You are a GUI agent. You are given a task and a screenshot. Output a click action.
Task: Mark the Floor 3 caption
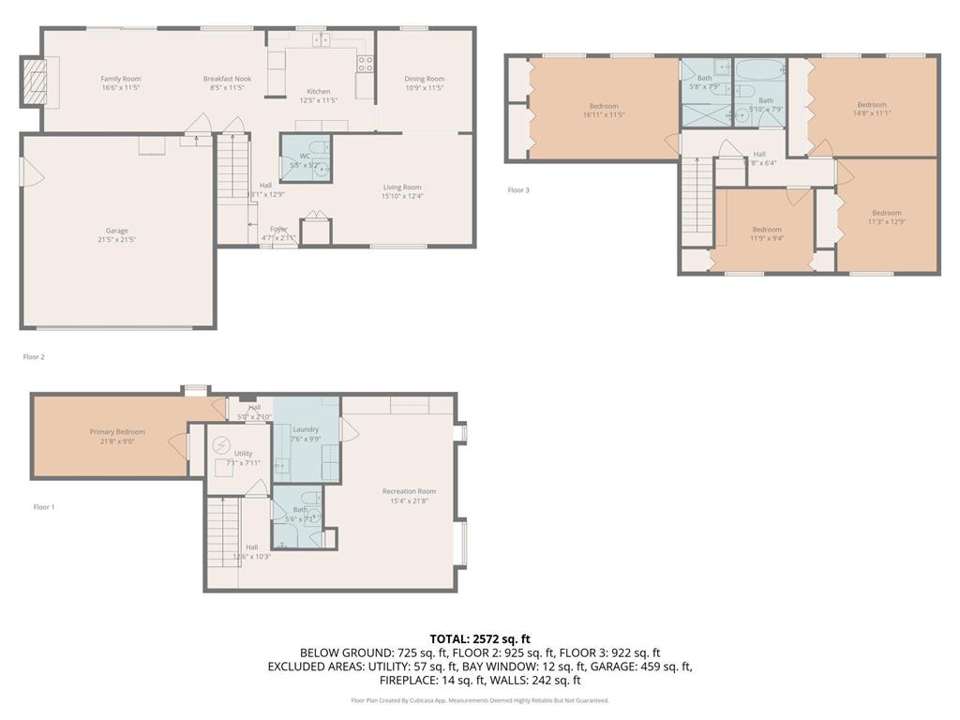coord(518,190)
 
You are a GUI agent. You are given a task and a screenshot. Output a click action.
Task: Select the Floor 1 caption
coord(44,507)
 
